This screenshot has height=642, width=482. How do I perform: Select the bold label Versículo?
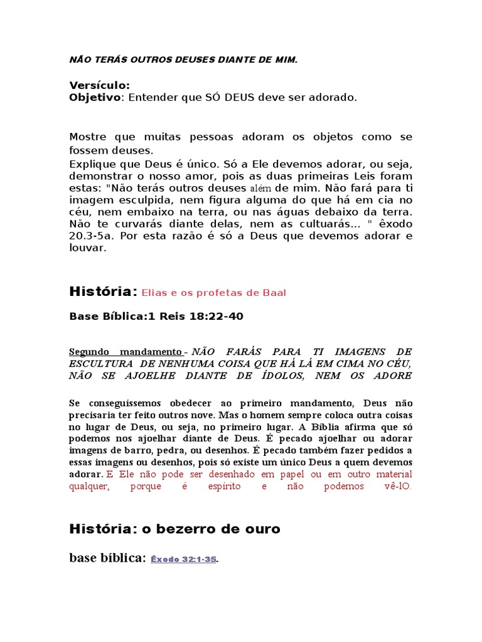click(x=99, y=85)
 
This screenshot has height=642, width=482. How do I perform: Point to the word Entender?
click(x=153, y=97)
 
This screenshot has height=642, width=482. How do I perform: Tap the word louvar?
click(x=87, y=248)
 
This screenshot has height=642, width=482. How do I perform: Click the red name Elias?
click(x=154, y=293)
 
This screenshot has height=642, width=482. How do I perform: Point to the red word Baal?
click(x=274, y=293)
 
